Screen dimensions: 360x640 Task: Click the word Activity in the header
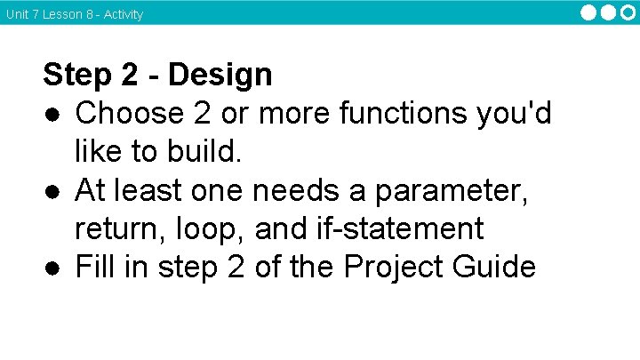tap(122, 14)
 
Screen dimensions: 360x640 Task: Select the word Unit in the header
tap(17, 14)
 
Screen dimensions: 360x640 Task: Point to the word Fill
tap(96, 268)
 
